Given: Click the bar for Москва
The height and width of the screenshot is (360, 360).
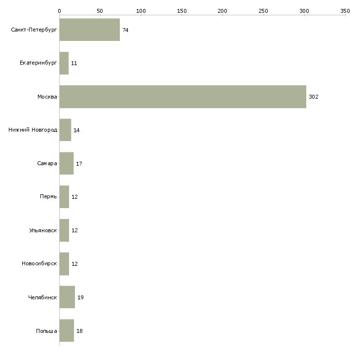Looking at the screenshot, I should [182, 97].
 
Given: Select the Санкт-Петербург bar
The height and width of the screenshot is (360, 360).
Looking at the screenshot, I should [89, 30].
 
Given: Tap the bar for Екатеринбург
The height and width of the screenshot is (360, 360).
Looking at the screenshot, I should [64, 63].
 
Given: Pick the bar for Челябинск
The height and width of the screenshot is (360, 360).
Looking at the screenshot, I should [67, 297].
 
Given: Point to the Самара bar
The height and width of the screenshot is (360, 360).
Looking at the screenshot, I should [66, 163].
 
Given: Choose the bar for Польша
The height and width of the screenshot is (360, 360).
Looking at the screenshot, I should [67, 331].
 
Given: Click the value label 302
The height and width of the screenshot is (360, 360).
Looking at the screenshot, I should [314, 97].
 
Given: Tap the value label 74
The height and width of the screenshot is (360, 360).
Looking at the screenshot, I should [125, 30].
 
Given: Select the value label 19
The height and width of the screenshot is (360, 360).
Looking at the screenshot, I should [80, 297].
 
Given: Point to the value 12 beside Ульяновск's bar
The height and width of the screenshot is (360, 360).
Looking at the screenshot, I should [74, 230].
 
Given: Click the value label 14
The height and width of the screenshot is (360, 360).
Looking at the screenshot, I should [76, 130].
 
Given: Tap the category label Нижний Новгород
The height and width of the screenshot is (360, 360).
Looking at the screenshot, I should [33, 130].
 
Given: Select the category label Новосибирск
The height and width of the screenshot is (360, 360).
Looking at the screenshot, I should [39, 264].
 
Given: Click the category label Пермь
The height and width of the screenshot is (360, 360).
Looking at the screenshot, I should [48, 197].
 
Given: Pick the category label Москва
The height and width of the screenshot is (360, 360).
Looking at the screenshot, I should [47, 97].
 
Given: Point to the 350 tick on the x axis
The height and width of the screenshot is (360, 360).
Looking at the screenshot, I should [345, 10].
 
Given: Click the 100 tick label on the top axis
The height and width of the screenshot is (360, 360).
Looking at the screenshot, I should [141, 10].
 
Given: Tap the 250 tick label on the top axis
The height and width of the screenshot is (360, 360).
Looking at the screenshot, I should [263, 10].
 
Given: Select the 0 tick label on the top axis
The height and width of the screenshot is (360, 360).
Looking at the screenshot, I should [59, 10].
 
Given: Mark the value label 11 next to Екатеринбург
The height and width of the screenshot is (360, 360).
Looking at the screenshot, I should [74, 63].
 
